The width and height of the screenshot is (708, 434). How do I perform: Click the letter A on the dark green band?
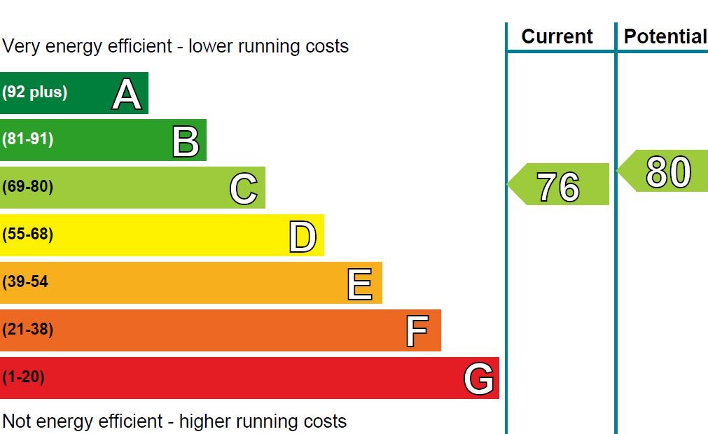click(x=126, y=94)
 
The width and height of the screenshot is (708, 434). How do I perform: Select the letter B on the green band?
click(x=186, y=141)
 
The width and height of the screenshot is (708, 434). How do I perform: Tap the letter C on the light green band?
click(x=244, y=189)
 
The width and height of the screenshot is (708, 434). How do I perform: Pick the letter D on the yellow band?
click(x=303, y=237)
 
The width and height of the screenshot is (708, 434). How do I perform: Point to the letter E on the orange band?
click(x=360, y=284)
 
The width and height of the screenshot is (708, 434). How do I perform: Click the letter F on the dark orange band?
click(x=417, y=331)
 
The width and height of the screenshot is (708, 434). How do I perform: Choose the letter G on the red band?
click(x=479, y=379)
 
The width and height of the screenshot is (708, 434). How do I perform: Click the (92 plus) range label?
click(x=35, y=92)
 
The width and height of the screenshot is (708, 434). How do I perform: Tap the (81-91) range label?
click(x=28, y=139)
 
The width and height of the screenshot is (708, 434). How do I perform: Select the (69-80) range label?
click(x=28, y=187)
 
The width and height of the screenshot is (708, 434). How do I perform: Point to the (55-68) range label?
click(x=28, y=234)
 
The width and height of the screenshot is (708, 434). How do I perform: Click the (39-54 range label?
click(x=25, y=282)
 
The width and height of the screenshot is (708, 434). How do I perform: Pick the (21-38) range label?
click(x=28, y=330)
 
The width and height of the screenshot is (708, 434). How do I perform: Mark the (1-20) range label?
click(x=24, y=377)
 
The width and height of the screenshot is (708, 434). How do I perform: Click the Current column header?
click(x=557, y=36)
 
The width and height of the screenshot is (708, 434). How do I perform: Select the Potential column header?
click(x=665, y=36)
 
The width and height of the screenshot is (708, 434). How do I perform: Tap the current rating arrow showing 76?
click(x=559, y=185)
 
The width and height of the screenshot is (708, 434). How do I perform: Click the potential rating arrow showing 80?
click(x=665, y=171)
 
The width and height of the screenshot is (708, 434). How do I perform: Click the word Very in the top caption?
click(x=19, y=46)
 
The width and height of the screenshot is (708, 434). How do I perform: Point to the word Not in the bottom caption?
click(x=17, y=421)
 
